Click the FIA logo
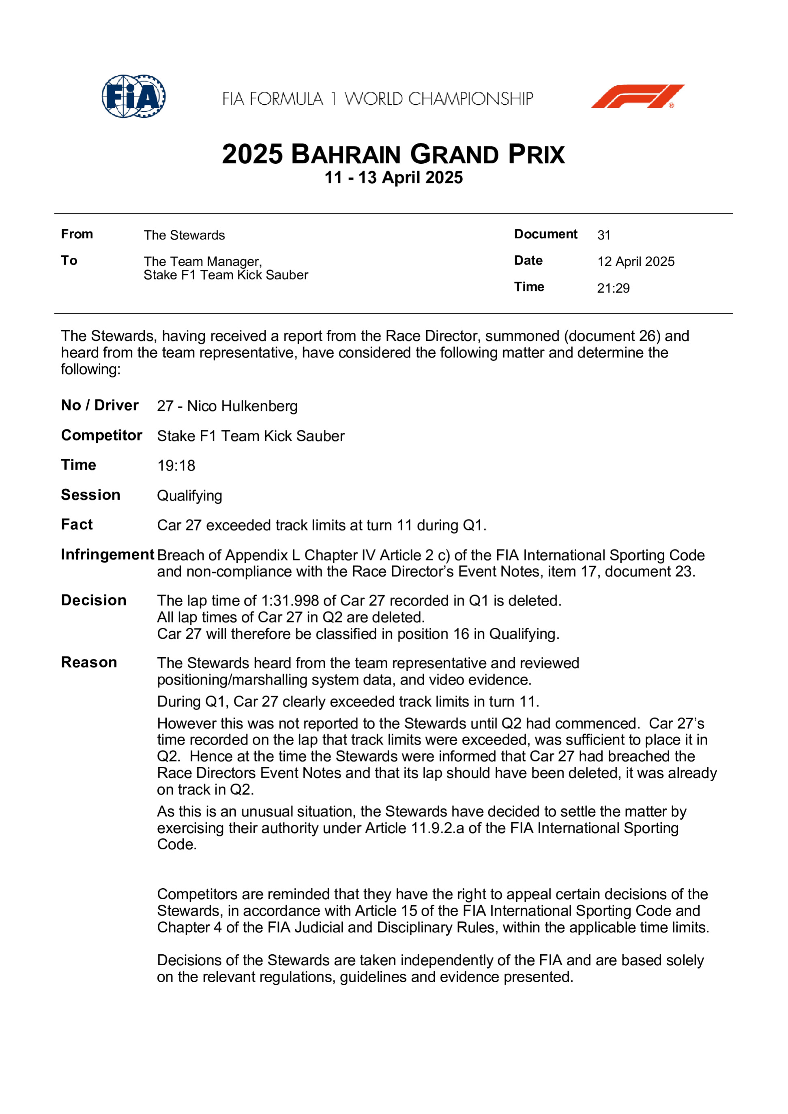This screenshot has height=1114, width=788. tap(133, 96)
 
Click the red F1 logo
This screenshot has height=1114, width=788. tap(637, 96)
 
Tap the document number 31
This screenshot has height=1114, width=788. tap(603, 235)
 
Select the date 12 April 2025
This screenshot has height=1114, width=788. tap(636, 261)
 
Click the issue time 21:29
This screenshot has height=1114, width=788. tap(613, 288)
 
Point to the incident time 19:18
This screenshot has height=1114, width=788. tap(176, 466)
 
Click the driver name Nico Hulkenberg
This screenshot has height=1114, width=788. tap(242, 406)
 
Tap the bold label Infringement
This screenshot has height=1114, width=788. tap(107, 555)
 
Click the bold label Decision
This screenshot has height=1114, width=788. tap(94, 601)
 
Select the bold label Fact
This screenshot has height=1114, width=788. tap(77, 524)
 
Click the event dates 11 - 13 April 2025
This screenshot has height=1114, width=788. tap(393, 177)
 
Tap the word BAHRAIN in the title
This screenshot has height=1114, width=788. tap(346, 155)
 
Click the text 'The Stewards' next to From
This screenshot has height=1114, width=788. tap(184, 235)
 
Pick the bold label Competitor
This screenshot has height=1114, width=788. tap(101, 435)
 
